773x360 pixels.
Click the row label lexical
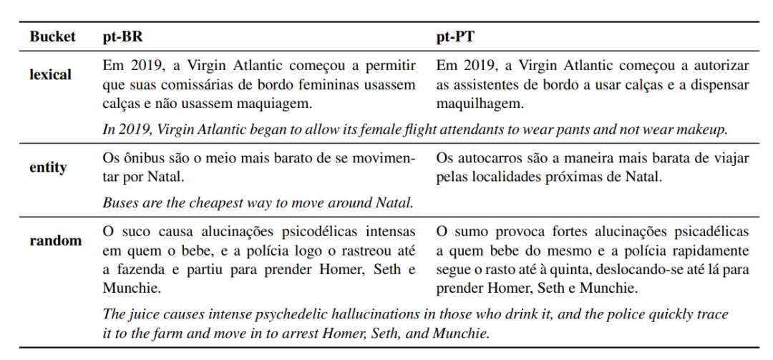point(50,74)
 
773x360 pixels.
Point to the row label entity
point(48,167)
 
